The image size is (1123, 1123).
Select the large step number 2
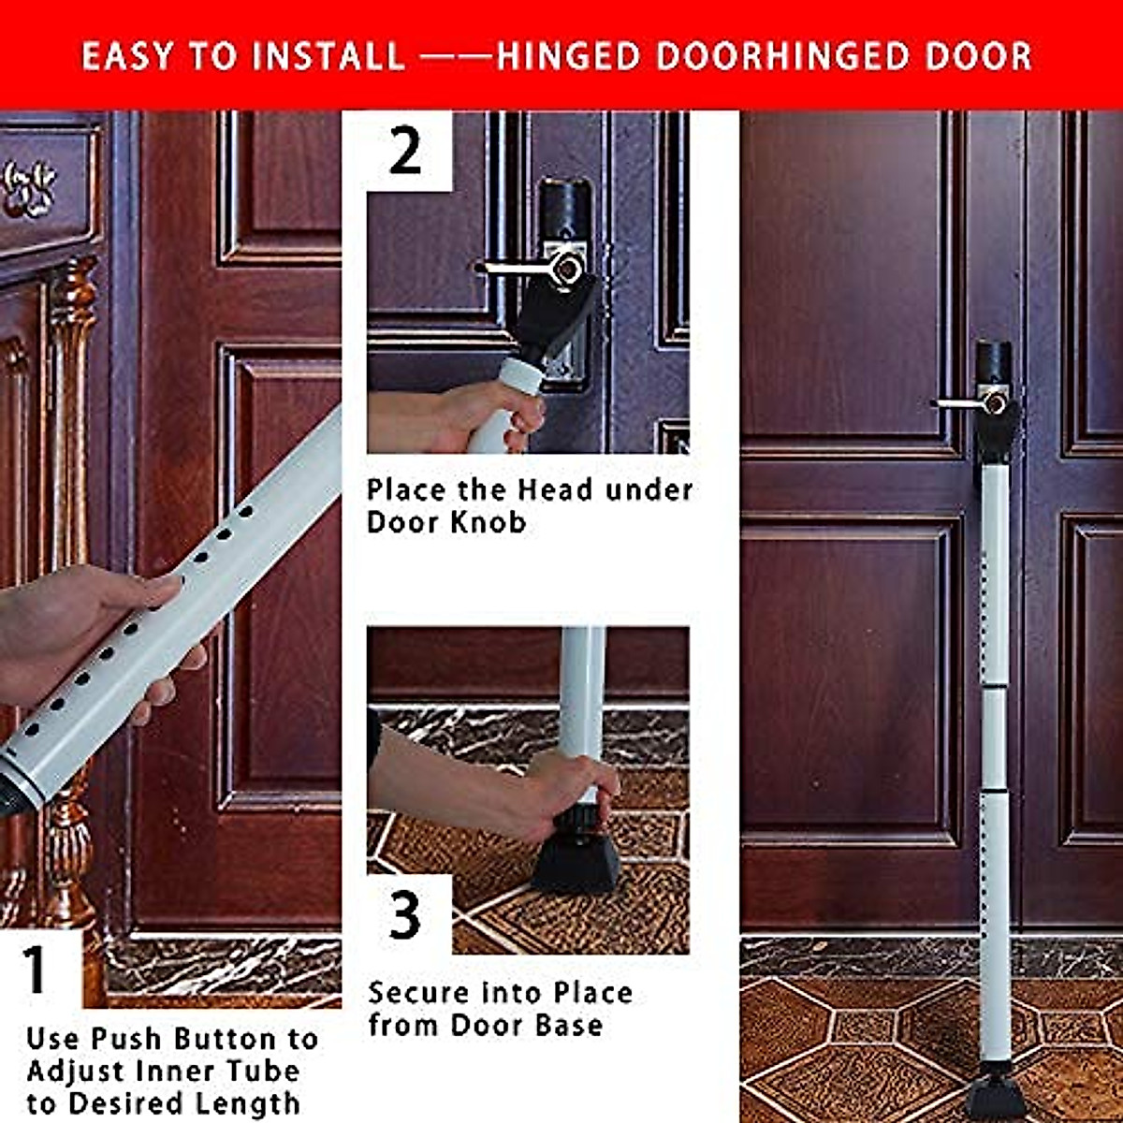coord(405,152)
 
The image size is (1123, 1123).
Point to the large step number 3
coord(405,914)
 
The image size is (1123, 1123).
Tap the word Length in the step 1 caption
coord(251,1102)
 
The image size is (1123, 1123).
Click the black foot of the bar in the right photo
coord(995,1095)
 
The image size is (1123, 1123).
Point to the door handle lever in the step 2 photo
coord(524,268)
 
